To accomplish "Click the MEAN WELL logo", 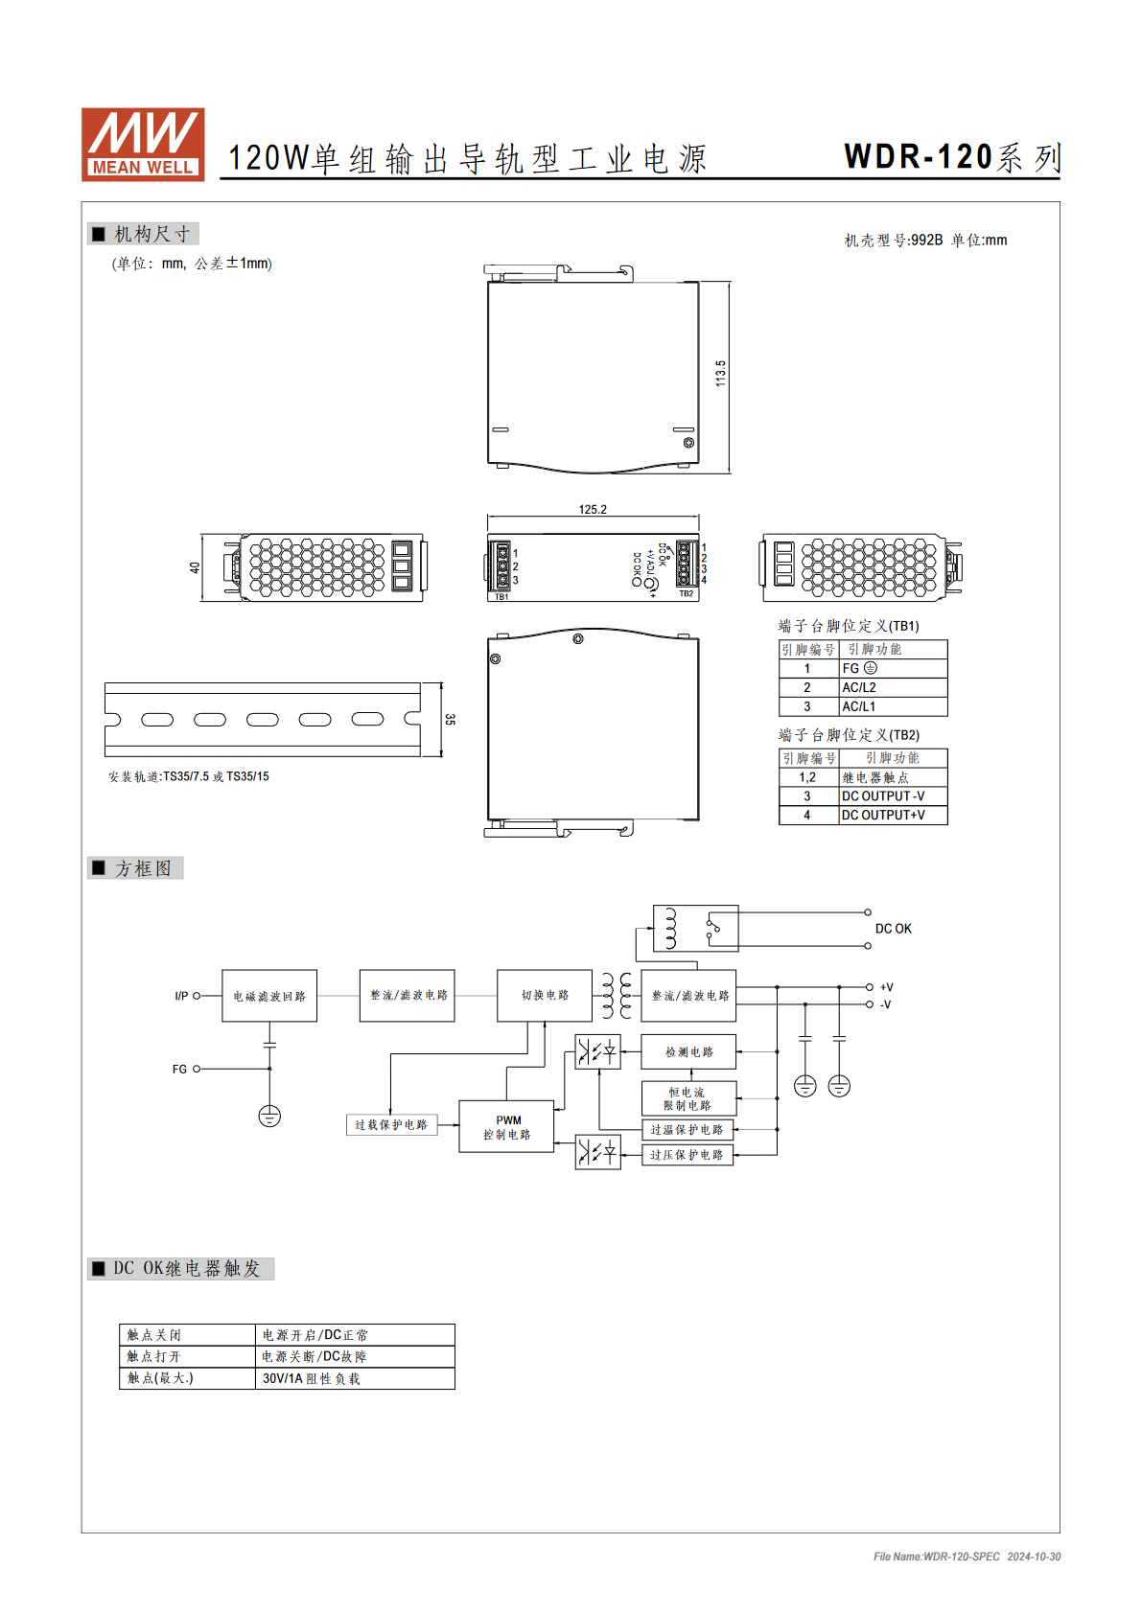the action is (143, 144).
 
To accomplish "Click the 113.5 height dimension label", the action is (720, 374).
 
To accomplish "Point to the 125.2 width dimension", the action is (593, 510).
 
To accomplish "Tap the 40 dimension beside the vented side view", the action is (195, 567).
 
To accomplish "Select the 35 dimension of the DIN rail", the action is (450, 719).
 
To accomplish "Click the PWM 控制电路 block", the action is (506, 1127).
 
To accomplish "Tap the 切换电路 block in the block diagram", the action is (545, 996).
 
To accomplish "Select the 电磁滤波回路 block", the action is (269, 996).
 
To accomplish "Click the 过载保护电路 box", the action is (391, 1125).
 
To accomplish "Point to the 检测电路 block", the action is (689, 1052).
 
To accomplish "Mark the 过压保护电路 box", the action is (688, 1155).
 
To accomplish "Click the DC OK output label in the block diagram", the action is (894, 929).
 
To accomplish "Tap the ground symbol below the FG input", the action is (269, 1117).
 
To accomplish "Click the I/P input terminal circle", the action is (197, 996).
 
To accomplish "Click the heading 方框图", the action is (144, 868).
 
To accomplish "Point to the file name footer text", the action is (967, 1556).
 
